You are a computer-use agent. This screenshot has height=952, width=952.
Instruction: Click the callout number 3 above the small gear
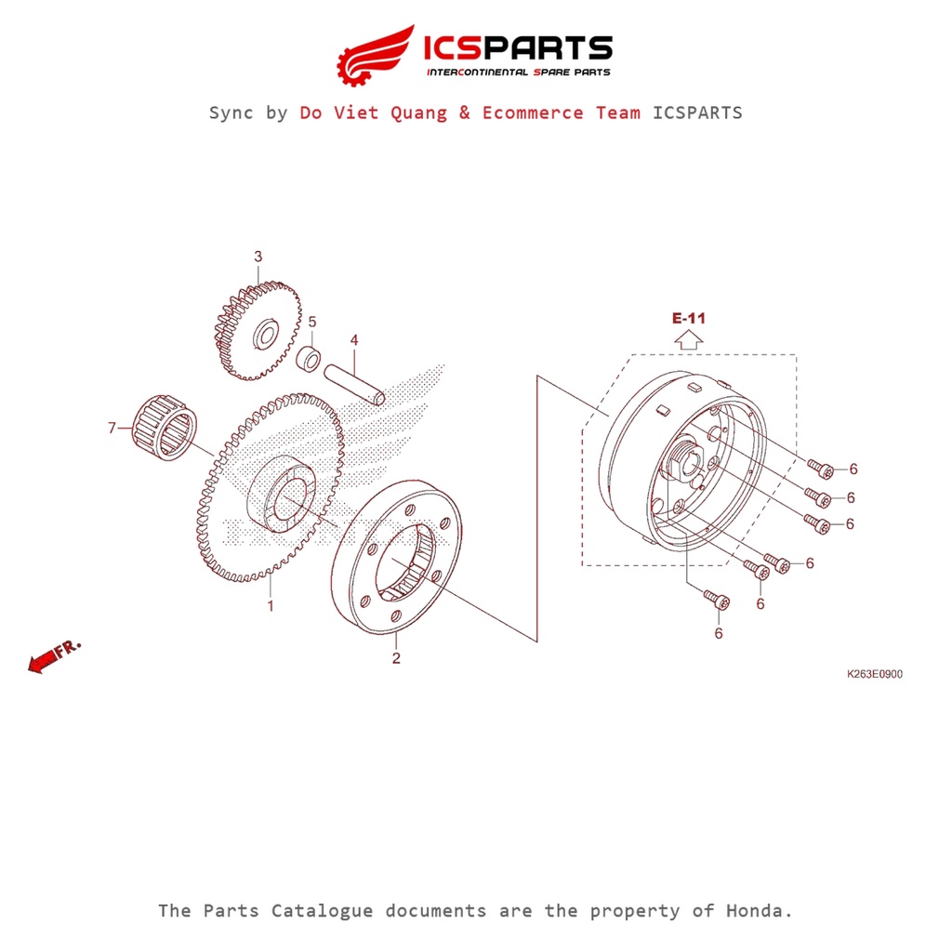258,257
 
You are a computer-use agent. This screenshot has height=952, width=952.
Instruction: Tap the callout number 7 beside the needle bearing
112,428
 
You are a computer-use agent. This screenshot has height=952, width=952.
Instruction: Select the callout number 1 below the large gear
271,606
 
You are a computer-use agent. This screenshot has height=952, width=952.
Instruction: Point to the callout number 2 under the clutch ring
396,658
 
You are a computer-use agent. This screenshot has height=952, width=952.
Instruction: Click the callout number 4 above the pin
354,341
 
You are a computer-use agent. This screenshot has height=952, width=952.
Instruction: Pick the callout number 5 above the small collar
312,322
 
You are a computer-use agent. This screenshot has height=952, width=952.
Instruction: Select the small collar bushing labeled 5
309,357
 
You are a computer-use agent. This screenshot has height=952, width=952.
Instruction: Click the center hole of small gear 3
263,331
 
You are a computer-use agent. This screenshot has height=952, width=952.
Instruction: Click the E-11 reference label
689,318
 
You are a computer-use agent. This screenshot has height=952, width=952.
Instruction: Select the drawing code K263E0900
874,675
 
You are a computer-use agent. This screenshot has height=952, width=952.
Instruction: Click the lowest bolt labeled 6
716,600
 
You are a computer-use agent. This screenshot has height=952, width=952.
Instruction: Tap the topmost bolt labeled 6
820,468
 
